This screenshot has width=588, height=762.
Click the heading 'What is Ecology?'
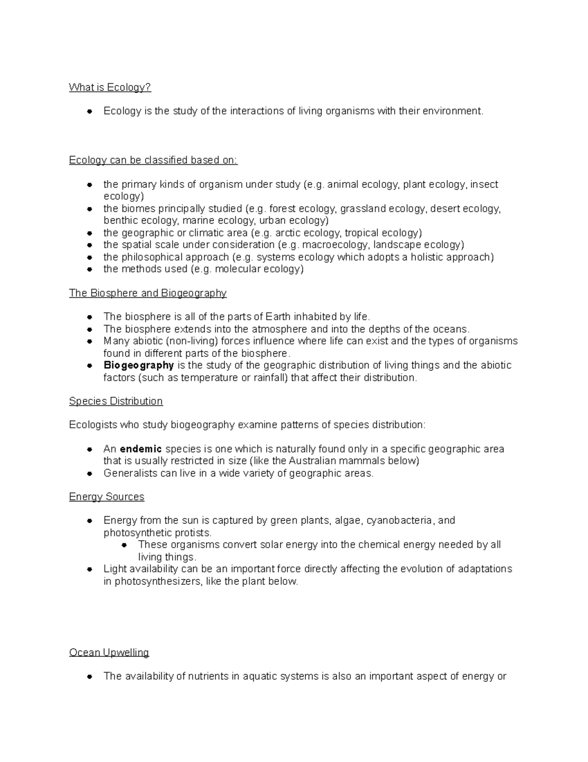point(110,87)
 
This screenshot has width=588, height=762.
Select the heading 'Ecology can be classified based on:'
point(153,160)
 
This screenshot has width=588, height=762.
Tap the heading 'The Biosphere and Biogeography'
point(147,293)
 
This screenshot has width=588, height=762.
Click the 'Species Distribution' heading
point(116,401)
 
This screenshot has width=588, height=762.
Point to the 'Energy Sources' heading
point(106,497)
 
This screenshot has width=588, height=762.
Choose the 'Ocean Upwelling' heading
point(109,653)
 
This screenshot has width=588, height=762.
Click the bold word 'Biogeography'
point(139,366)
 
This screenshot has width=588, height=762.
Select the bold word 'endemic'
point(141,449)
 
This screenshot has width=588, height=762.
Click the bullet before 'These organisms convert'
point(124,545)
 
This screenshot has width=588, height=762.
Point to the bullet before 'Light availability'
point(90,570)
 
